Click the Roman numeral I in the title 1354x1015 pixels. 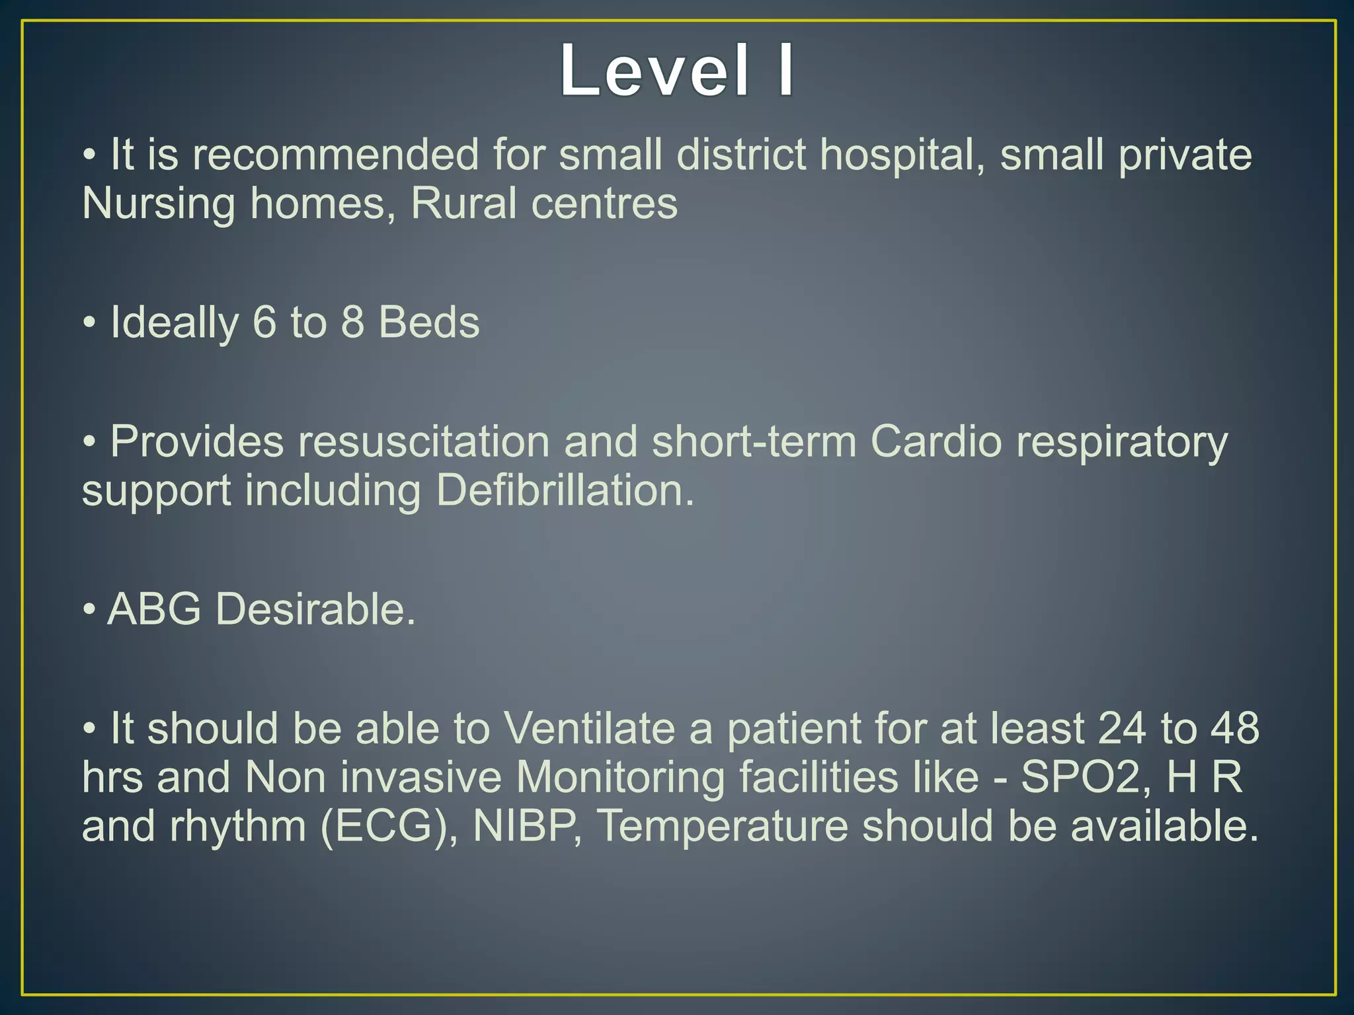(x=785, y=70)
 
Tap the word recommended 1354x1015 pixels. (x=335, y=155)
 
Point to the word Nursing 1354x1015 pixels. (x=158, y=204)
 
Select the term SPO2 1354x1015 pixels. (x=1078, y=777)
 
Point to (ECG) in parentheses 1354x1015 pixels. (x=389, y=826)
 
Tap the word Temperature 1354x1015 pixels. (x=722, y=827)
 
